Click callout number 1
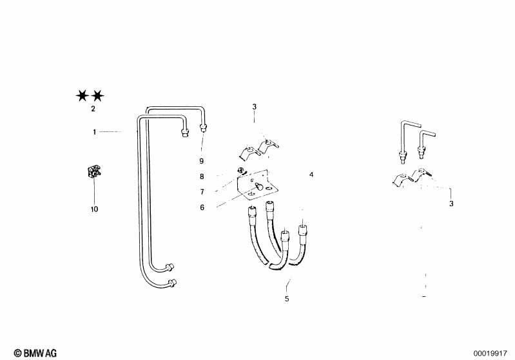tap(95, 132)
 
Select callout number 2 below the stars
tap(93, 109)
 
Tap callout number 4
tap(311, 175)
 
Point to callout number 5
tap(287, 299)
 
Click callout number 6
tap(202, 207)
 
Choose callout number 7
tap(202, 192)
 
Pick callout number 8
tap(202, 176)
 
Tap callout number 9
tap(202, 161)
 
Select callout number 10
tap(94, 209)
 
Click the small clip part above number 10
tap(94, 173)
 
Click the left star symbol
tap(82, 96)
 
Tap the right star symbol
tap(97, 96)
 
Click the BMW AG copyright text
tap(35, 353)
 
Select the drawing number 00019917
tap(490, 354)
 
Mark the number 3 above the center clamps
tap(254, 107)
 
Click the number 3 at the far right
tap(451, 204)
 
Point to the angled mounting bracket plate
tap(257, 185)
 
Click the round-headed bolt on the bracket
tap(258, 187)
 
